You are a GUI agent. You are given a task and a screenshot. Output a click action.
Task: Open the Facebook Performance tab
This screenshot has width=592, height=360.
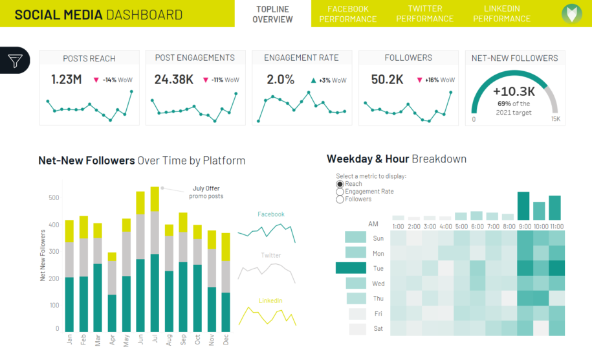tap(347, 14)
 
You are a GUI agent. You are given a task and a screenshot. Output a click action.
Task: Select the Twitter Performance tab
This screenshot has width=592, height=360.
tap(424, 14)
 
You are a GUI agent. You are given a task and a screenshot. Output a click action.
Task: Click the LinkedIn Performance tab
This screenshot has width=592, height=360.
tap(501, 14)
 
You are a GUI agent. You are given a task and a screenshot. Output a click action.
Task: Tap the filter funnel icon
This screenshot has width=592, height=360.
tap(15, 61)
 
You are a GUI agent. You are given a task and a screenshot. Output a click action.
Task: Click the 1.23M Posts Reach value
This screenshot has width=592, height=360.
tap(67, 80)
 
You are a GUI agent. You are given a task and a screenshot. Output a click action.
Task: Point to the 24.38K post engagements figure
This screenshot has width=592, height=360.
tap(174, 80)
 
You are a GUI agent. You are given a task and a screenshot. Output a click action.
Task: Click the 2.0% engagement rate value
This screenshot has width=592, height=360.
tap(281, 80)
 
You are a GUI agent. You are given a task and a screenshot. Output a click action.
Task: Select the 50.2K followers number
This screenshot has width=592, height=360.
tap(388, 80)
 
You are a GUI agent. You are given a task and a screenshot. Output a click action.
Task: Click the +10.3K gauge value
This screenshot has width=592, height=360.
tap(514, 91)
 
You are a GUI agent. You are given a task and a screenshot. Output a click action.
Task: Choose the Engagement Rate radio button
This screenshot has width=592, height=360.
tap(340, 192)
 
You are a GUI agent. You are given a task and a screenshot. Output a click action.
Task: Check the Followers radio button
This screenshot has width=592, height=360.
tap(340, 199)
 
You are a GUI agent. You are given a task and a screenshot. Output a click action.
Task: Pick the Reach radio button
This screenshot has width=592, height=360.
tap(340, 184)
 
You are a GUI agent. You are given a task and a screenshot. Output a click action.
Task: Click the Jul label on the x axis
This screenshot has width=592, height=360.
tap(155, 339)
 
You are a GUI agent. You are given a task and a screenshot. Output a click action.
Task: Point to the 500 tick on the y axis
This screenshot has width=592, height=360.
tap(53, 197)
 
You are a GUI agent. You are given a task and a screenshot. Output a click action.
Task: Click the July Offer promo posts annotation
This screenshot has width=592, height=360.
tap(206, 192)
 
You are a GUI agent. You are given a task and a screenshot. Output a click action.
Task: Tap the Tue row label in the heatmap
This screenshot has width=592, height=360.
tap(378, 268)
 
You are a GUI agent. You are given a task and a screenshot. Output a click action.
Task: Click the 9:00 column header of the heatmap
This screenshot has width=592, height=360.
tap(524, 227)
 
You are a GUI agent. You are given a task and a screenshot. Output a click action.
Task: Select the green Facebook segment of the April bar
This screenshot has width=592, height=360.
tap(112, 313)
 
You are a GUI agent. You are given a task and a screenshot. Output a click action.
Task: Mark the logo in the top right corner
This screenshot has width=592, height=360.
tap(571, 14)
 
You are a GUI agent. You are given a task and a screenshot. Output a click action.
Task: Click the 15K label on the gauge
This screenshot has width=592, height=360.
tap(555, 119)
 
